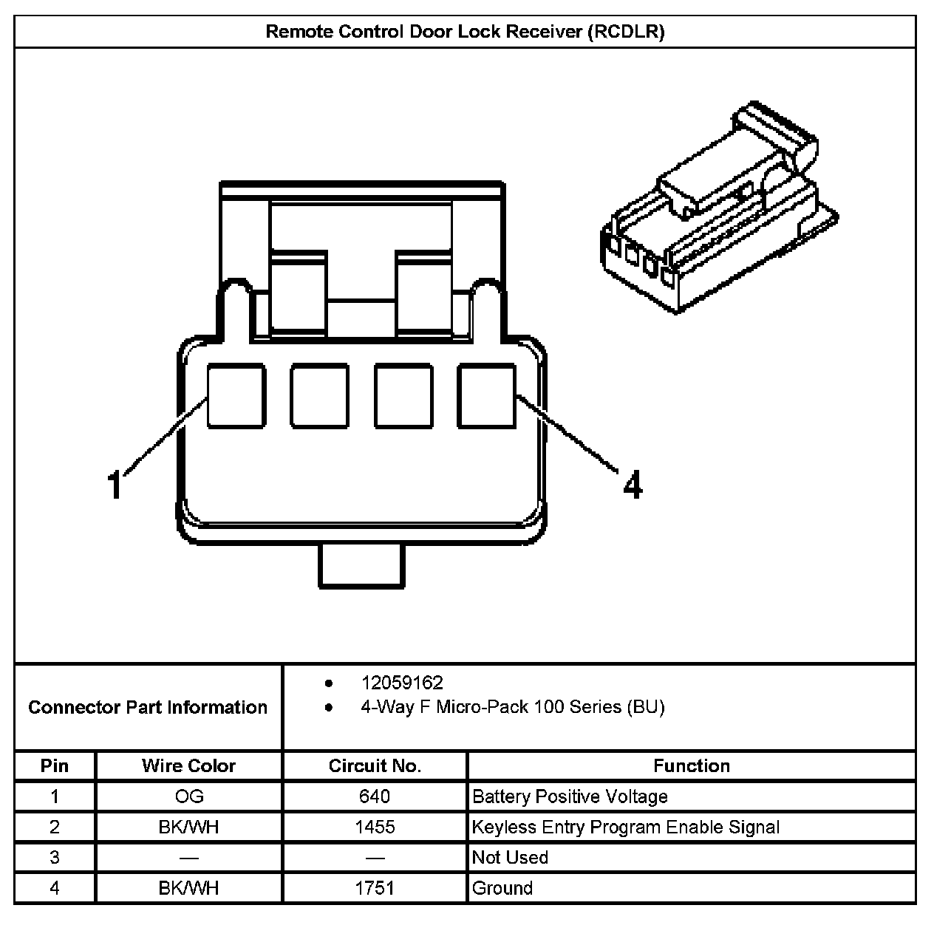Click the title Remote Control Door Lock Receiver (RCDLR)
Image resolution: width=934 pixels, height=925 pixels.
click(465, 32)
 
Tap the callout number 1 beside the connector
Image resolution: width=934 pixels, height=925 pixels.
click(115, 485)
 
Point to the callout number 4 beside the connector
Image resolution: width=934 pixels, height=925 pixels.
click(633, 485)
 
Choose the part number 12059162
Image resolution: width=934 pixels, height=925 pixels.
click(402, 683)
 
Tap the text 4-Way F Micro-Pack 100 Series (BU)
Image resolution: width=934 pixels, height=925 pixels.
click(512, 707)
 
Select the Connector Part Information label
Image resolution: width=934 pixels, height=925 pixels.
click(148, 707)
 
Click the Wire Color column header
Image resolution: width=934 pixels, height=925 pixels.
click(188, 766)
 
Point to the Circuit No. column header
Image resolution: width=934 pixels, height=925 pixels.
click(375, 766)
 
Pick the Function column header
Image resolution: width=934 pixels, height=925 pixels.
click(691, 766)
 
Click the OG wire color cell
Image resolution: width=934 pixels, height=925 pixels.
click(188, 796)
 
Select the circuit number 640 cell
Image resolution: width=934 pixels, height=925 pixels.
click(375, 796)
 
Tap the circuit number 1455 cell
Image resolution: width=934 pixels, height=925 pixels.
click(375, 827)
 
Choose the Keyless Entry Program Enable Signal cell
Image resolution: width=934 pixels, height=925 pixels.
click(626, 827)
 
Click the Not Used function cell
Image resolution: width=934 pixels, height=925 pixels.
click(510, 858)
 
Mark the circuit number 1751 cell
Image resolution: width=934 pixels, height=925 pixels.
click(375, 887)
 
